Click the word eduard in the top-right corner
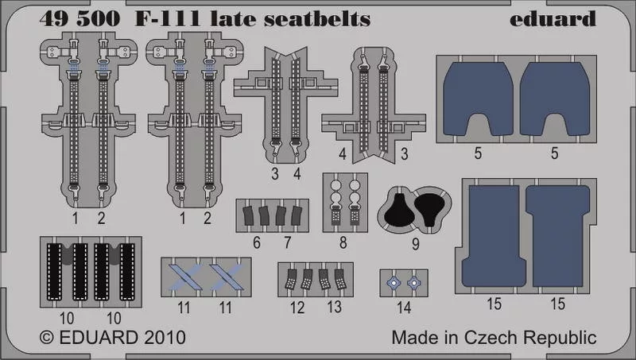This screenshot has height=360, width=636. pos(553,18)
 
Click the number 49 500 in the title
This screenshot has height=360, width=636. pos(80,18)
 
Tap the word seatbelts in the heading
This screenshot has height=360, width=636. pos(317,18)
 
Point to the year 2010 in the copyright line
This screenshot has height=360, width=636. pos(165,338)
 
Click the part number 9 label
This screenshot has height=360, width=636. pos(415,244)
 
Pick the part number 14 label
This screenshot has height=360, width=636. pos(404,308)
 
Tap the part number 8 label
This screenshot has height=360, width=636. pos(343,242)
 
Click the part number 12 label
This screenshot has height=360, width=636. pos(297,308)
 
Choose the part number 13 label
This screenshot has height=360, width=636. pos(334,307)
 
